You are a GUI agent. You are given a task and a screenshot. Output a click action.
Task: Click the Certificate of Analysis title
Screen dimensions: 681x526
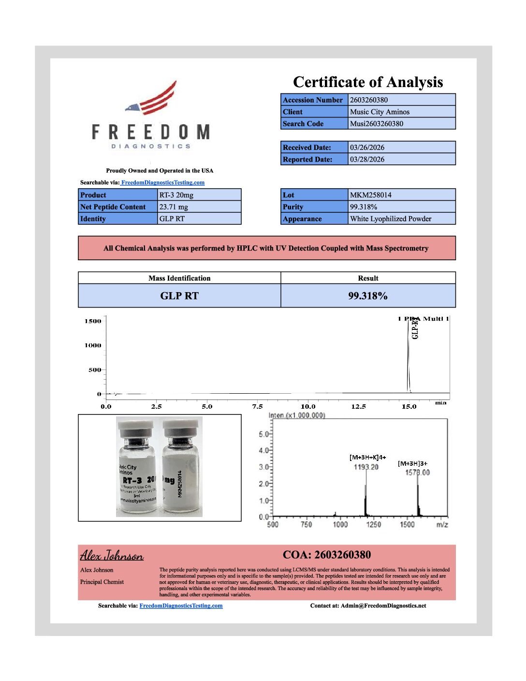[368, 82]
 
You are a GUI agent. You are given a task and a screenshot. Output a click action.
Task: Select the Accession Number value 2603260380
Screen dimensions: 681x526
[369, 100]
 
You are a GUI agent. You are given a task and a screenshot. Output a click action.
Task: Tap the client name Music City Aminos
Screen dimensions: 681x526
[380, 112]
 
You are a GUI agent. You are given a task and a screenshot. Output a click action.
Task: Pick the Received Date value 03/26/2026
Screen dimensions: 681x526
[367, 148]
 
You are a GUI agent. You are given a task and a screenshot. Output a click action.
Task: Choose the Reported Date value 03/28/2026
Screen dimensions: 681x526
[367, 159]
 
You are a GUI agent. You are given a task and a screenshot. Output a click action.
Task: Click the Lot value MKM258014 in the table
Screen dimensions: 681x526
[371, 195]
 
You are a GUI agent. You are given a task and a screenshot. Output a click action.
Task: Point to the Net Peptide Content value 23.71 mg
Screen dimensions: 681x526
[174, 207]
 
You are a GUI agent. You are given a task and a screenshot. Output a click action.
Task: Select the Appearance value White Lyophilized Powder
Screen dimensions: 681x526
[391, 219]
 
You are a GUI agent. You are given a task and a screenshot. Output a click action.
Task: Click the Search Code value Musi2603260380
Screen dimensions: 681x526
[377, 124]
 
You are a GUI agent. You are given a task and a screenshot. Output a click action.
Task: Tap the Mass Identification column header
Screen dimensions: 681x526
[179, 278]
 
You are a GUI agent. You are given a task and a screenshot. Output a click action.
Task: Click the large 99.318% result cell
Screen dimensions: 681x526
[368, 296]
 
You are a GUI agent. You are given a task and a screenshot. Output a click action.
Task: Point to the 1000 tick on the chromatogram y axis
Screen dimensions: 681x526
[93, 345]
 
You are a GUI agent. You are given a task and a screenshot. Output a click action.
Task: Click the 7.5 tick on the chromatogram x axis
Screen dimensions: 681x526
[257, 407]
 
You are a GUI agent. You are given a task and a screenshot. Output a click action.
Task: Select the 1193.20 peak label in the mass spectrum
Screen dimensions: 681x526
[366, 467]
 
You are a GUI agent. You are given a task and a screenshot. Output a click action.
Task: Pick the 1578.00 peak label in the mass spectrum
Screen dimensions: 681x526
[417, 473]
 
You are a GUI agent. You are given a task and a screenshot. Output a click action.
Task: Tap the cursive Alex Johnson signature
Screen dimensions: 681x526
[112, 555]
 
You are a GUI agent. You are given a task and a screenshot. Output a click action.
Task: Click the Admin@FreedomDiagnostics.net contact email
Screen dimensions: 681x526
[383, 606]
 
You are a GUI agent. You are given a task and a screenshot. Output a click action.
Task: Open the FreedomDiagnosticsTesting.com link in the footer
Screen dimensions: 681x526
[181, 606]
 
